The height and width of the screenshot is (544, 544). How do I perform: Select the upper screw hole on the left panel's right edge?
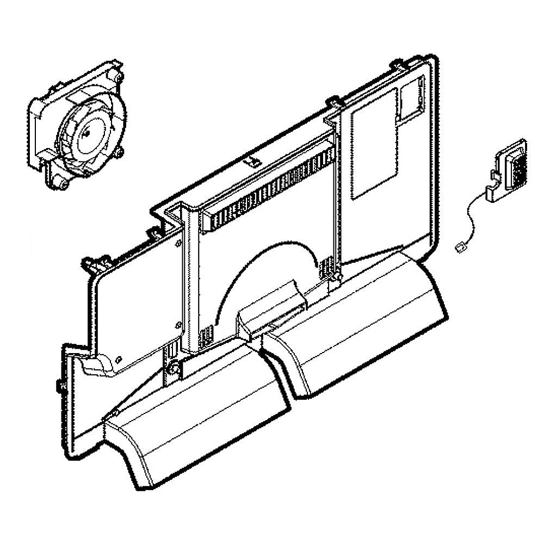(x=178, y=245)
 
